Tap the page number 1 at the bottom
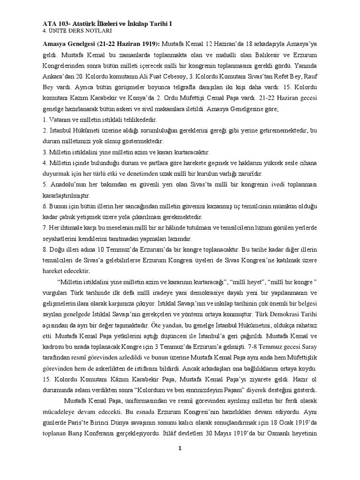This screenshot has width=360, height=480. pyautogui.click(x=180, y=448)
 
